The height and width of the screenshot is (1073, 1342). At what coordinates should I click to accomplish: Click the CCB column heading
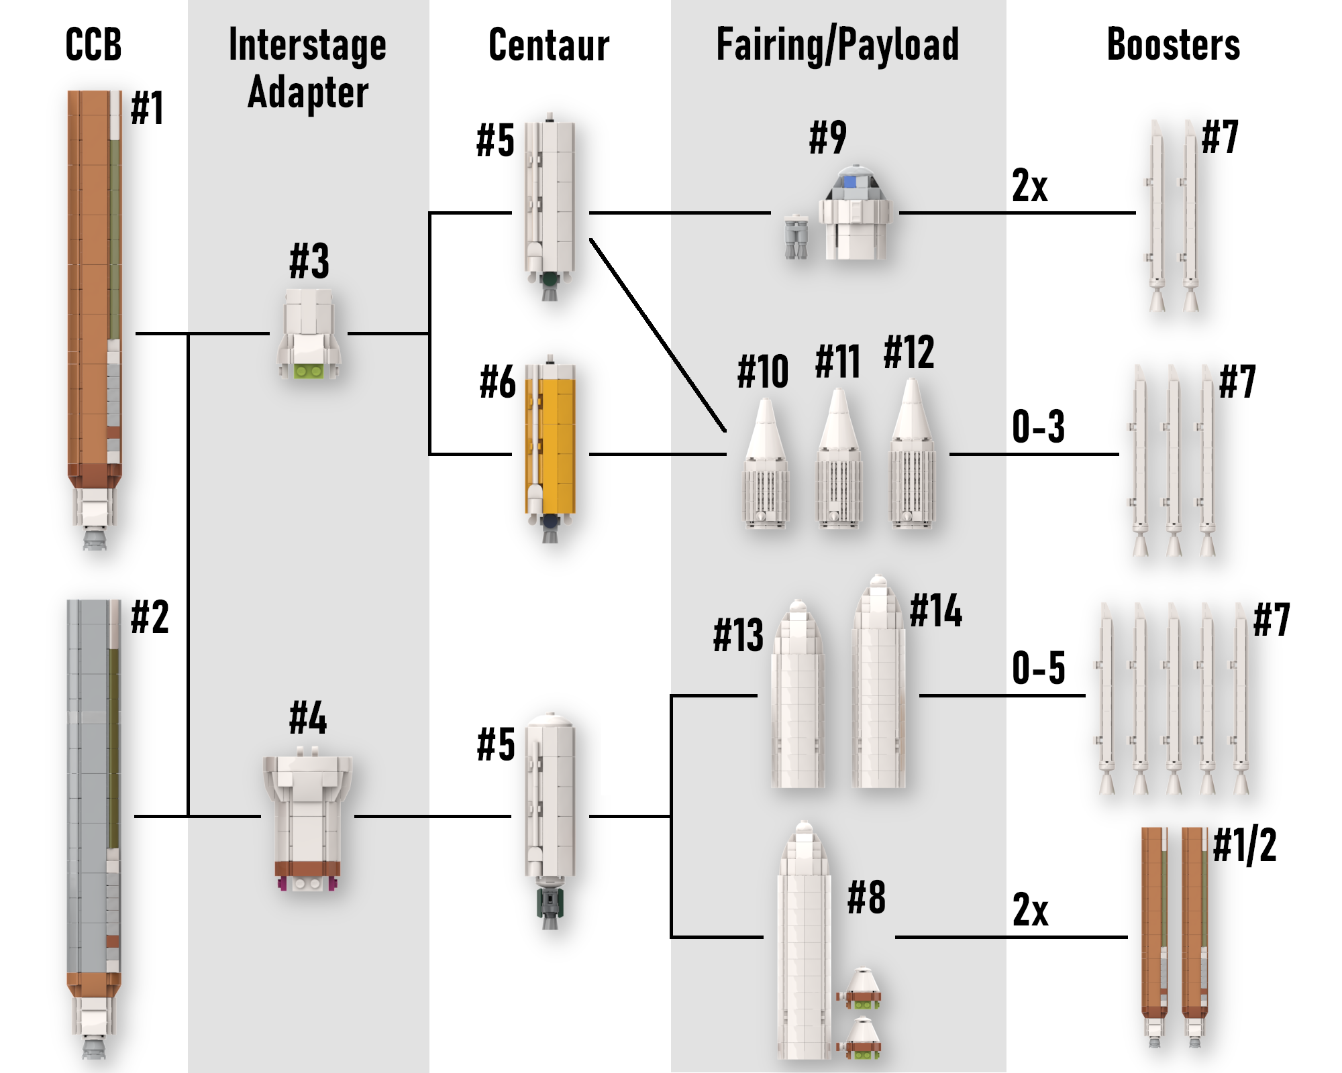[93, 45]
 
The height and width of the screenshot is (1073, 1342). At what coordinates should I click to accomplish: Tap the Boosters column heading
[1173, 45]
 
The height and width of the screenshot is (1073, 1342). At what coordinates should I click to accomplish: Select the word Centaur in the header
[549, 45]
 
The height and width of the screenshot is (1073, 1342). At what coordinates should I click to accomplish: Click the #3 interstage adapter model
[309, 333]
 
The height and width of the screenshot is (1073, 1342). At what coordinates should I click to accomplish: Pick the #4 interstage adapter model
[308, 822]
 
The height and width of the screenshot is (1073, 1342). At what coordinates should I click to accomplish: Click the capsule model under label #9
[855, 213]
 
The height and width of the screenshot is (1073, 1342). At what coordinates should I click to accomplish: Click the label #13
[738, 635]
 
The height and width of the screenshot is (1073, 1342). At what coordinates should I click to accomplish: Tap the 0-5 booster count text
[1038, 668]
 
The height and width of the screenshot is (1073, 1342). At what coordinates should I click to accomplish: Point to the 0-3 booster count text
[1038, 427]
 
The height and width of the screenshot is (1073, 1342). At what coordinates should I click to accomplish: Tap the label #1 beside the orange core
[147, 108]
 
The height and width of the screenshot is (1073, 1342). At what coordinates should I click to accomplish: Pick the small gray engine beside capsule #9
[796, 236]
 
